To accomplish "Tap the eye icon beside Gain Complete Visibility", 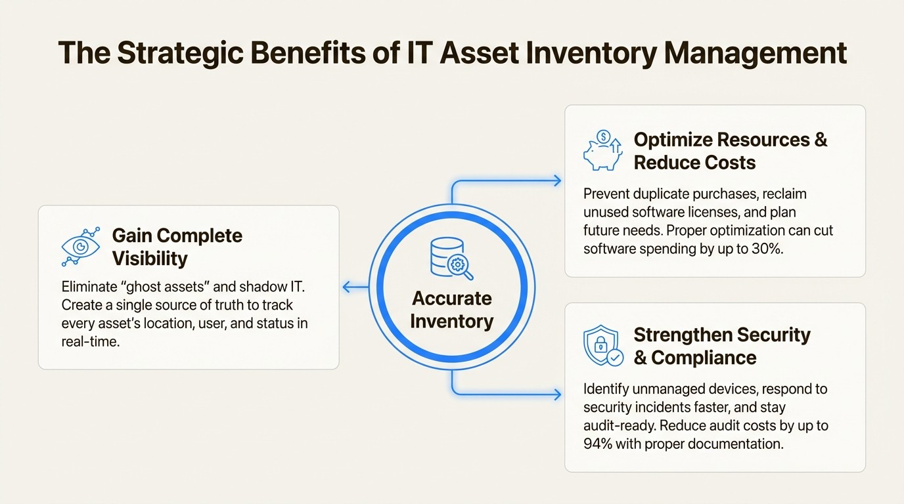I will click(80, 247).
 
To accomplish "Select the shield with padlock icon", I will click(602, 346).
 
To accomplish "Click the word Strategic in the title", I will click(175, 53).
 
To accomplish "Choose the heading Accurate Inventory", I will click(451, 310).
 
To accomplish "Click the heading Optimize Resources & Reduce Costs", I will click(729, 151).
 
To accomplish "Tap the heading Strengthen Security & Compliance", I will click(721, 346).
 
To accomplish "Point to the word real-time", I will click(90, 342).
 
